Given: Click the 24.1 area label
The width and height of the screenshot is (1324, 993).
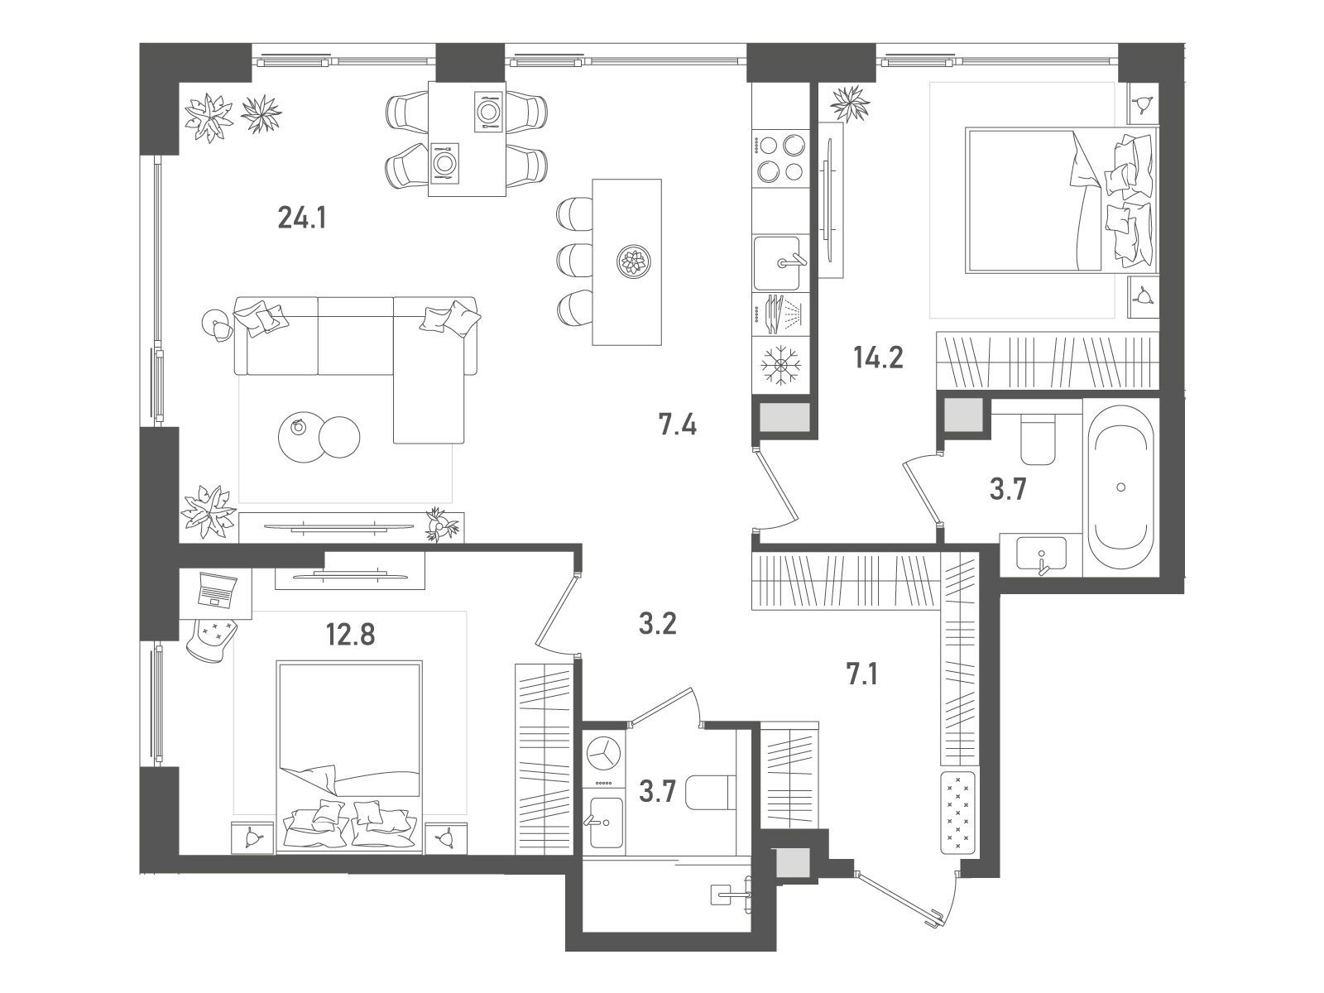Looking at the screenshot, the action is pos(302,218).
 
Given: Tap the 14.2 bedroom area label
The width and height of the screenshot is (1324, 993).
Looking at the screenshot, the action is pos(878,358).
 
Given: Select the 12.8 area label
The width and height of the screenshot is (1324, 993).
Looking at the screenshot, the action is pos(351,634).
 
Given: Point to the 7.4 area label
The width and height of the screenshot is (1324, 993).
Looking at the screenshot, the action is pos(678,425).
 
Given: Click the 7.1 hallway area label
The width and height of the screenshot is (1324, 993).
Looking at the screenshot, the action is pos(861,676).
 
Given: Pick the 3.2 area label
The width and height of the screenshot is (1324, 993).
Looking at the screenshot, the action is pos(658,624).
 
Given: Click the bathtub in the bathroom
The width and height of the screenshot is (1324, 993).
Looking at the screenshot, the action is pos(1120,487).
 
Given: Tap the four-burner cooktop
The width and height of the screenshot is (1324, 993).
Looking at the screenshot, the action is pos(780,159).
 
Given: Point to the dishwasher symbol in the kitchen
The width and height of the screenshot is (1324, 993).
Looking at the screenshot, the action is pos(780,314).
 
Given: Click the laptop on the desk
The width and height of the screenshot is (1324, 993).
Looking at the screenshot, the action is pos(217,589).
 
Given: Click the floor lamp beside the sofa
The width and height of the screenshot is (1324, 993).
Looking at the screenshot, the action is pos(217,324).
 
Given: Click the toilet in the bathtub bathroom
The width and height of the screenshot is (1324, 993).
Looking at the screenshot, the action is pos(1038,441).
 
